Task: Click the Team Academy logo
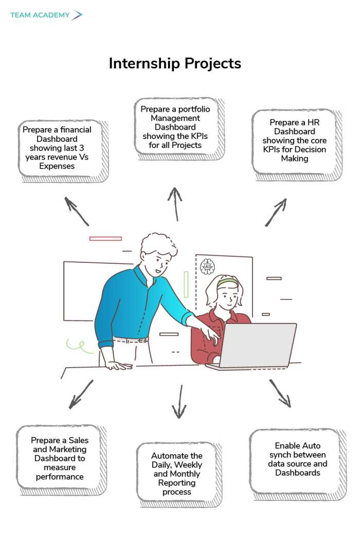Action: (x=46, y=15)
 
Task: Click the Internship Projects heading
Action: (x=175, y=63)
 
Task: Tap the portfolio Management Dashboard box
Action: (x=175, y=127)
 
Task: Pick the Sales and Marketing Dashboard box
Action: (x=60, y=458)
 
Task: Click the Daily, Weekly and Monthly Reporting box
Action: (x=177, y=474)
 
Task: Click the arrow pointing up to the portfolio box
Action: (x=175, y=203)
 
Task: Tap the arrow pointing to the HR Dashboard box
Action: (x=276, y=212)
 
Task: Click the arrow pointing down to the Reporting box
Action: (x=179, y=402)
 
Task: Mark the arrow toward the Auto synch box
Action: (x=280, y=393)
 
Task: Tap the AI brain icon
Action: (x=207, y=266)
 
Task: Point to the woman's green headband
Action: (x=227, y=282)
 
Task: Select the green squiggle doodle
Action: (x=75, y=343)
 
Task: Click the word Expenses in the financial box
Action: (x=57, y=166)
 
